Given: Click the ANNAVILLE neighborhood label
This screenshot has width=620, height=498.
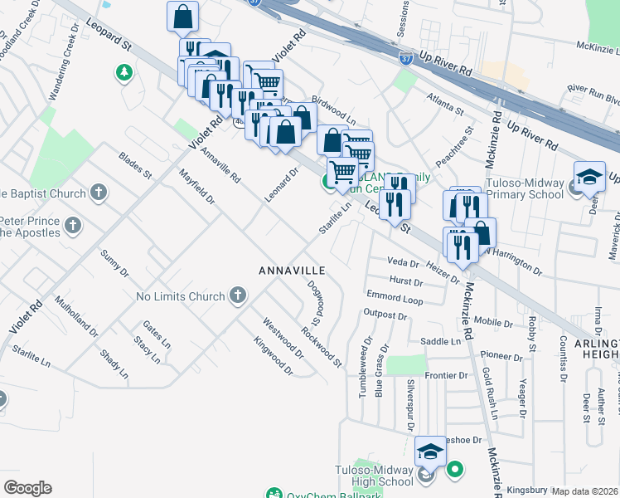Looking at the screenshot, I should [291, 271].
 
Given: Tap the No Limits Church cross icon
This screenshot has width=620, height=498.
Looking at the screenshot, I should [238, 295].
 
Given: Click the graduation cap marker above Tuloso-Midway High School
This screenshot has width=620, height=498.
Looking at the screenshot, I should [431, 452].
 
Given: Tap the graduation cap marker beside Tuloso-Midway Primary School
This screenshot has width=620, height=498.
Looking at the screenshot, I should [589, 177].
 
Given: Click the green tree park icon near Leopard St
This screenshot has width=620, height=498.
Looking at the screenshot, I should [124, 73].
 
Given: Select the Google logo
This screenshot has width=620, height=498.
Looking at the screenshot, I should [27, 488].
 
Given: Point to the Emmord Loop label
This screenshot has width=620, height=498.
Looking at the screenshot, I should [395, 297].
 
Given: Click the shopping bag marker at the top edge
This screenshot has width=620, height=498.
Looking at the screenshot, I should [182, 16].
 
